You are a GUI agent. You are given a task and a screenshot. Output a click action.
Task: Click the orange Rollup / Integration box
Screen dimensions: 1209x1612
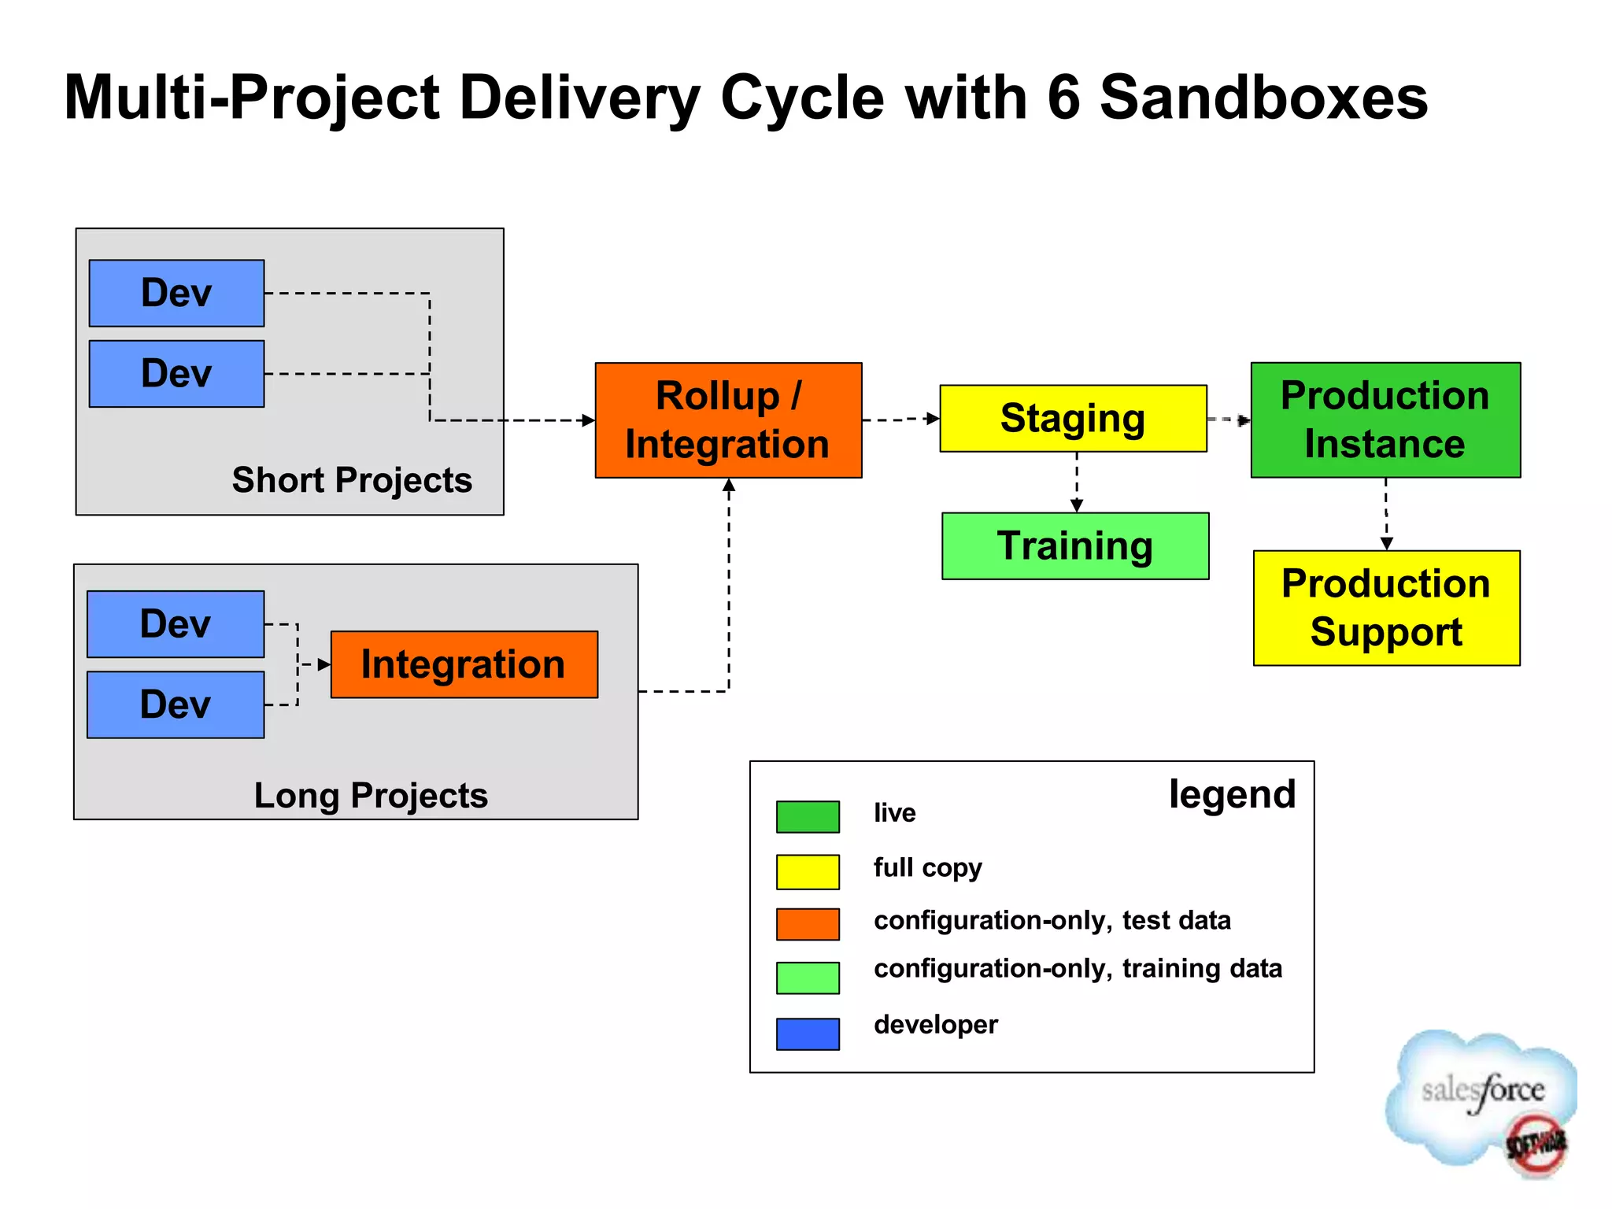tap(728, 420)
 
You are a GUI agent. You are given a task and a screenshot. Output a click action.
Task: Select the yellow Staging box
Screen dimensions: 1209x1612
tap(1073, 418)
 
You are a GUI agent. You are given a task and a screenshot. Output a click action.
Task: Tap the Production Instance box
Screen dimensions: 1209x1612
tap(1385, 420)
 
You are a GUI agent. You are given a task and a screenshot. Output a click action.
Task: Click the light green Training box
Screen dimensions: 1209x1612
tap(1075, 546)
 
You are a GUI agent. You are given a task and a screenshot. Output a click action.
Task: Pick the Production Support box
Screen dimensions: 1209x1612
tap(1386, 608)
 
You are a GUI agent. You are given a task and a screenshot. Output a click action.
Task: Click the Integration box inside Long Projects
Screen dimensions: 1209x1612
tap(464, 664)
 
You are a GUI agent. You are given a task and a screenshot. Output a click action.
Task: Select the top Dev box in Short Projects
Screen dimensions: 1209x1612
tap(176, 293)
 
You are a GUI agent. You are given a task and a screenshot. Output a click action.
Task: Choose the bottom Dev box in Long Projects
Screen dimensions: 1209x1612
tap(176, 704)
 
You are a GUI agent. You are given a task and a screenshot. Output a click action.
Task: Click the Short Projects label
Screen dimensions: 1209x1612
tap(352, 480)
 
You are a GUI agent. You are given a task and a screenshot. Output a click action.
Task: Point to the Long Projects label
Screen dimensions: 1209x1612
tap(371, 795)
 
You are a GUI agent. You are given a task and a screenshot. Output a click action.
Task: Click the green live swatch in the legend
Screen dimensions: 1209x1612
tap(808, 816)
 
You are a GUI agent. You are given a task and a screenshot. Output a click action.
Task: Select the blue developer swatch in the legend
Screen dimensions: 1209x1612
tap(808, 1033)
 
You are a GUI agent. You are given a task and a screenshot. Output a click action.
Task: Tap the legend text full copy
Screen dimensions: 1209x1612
tap(927, 867)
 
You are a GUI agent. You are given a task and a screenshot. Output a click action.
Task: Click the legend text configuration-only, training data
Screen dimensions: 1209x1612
tap(1078, 968)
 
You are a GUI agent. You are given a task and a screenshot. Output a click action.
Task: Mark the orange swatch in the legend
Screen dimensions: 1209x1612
tap(808, 924)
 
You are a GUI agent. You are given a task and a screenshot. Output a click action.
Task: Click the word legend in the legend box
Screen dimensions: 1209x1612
tap(1232, 794)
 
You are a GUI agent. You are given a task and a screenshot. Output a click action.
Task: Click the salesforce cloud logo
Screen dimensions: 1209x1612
tap(1479, 1099)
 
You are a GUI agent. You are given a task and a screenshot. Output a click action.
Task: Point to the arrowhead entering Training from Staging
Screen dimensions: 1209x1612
tap(1077, 505)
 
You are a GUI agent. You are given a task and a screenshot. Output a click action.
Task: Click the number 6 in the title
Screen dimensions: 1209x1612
tap(1063, 98)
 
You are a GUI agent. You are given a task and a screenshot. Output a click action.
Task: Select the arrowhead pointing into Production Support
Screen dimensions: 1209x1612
tap(1387, 543)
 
